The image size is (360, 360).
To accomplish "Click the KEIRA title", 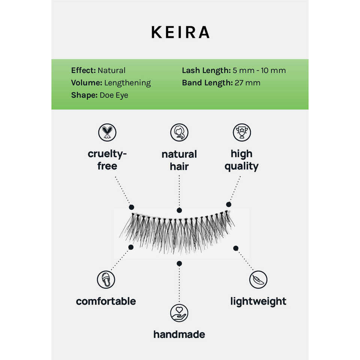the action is [x=180, y=33].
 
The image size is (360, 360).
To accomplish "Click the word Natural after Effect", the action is [x=111, y=70].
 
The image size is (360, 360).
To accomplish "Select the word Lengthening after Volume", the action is [x=127, y=83].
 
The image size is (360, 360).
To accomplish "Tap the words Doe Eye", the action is [x=114, y=95].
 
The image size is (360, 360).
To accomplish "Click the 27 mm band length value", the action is [x=247, y=83].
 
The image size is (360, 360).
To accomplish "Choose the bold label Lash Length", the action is [x=206, y=70].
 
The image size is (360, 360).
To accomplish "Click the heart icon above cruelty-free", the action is [x=107, y=132].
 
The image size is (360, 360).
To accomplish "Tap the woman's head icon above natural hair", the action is [x=179, y=132].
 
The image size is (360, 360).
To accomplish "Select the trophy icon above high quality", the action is [x=241, y=132].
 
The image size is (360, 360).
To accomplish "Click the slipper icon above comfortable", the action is [x=106, y=280].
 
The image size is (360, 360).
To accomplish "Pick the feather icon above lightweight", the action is [x=258, y=280].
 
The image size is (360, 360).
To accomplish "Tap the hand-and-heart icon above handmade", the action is [x=179, y=313].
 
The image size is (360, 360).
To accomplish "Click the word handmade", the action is [x=179, y=334].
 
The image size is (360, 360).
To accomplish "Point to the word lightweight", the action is [x=258, y=301].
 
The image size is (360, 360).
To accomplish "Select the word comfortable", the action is [x=106, y=301].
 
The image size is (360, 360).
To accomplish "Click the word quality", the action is [x=241, y=166].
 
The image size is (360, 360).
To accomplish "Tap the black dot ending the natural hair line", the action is [x=179, y=211].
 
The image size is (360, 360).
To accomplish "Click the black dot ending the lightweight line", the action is [x=236, y=248].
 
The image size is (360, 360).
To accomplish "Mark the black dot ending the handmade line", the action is [x=179, y=264].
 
